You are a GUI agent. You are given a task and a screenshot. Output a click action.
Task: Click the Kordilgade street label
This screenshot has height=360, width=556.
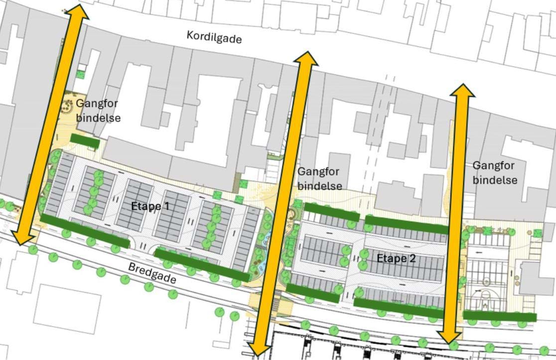pyautogui.click(x=214, y=37)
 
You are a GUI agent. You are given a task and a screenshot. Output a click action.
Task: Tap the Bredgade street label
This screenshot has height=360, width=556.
pyautogui.click(x=152, y=272)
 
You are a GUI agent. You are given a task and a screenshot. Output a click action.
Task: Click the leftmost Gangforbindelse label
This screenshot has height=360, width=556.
pyautogui.click(x=98, y=111)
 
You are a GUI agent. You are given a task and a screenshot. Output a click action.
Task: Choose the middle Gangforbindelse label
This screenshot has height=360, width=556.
pyautogui.click(x=319, y=178)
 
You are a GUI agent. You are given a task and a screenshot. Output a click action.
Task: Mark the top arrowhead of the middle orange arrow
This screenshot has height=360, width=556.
pyautogui.click(x=305, y=59)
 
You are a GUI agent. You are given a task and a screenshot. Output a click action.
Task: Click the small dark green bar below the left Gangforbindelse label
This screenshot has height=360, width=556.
pyautogui.click(x=85, y=141)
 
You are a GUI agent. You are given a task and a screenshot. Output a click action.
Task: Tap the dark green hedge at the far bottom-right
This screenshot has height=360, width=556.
pyautogui.click(x=500, y=316)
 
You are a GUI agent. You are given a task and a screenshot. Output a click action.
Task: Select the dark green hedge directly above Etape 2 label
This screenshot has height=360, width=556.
pyautogui.click(x=407, y=225)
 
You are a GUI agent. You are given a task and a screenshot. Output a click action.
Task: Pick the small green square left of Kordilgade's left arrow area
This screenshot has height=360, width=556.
pyautogui.click(x=80, y=75)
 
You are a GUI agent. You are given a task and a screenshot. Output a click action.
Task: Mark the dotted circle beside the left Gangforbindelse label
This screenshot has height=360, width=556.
pyautogui.click(x=67, y=105)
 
